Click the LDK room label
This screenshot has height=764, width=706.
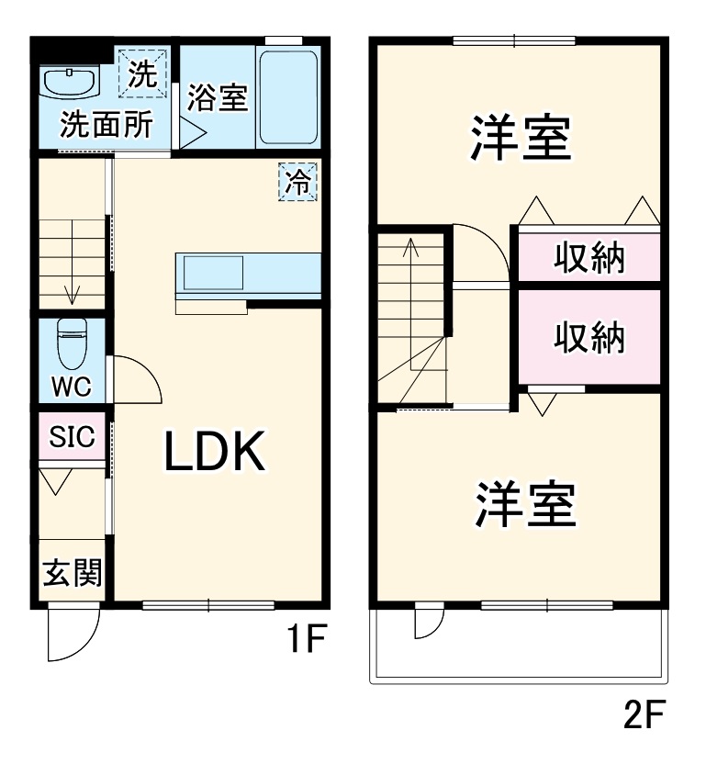click(215, 451)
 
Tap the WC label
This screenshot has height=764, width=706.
click(71, 387)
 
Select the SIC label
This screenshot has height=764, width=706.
click(72, 437)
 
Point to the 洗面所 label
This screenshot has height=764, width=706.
click(106, 125)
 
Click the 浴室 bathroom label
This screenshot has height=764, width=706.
click(218, 98)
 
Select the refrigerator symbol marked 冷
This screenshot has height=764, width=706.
click(297, 182)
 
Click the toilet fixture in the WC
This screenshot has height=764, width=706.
click(71, 343)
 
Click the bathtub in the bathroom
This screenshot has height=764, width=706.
click(287, 98)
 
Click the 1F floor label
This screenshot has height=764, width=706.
click(304, 640)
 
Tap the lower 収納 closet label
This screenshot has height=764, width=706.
click(588, 338)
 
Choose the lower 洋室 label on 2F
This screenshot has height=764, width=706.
click(525, 504)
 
